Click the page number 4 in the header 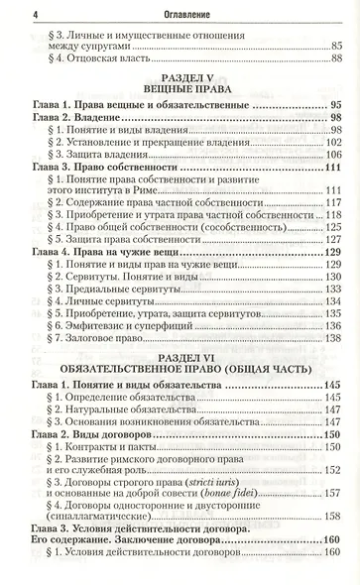(8, 12)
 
